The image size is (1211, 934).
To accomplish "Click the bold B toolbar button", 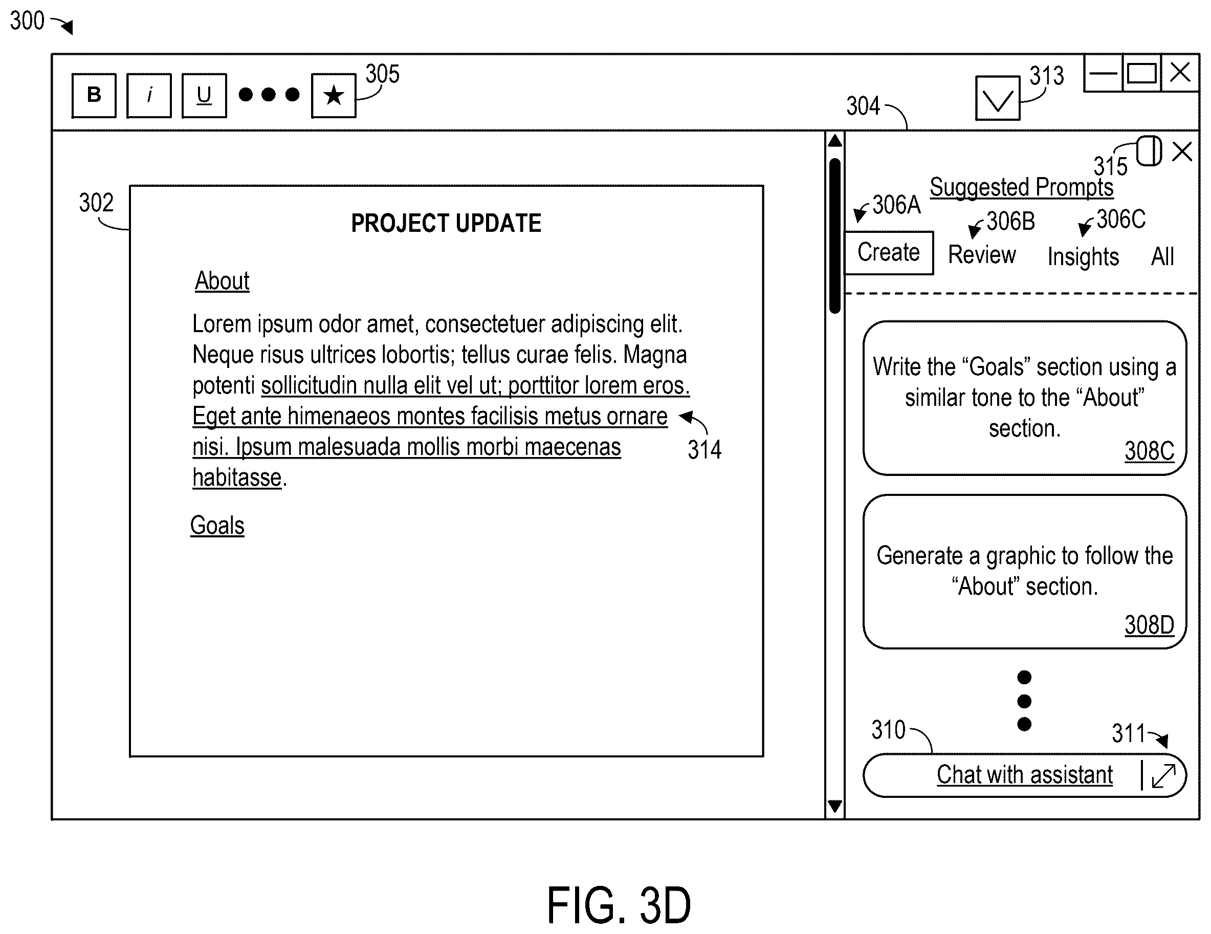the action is click(x=94, y=95).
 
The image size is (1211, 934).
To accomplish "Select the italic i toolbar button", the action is click(x=148, y=95).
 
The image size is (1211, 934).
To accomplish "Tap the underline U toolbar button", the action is click(x=204, y=95).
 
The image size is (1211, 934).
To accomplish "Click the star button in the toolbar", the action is click(x=334, y=95).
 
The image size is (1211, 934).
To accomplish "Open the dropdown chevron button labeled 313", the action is click(x=998, y=98).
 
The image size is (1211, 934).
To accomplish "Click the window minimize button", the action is click(x=1104, y=73).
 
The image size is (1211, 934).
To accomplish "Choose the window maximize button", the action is click(x=1142, y=73).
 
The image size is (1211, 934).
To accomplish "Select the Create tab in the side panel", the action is click(x=889, y=253).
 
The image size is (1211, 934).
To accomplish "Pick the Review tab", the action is click(x=982, y=254).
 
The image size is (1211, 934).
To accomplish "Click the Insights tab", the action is click(x=1083, y=257).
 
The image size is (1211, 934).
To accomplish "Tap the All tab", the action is click(x=1162, y=257).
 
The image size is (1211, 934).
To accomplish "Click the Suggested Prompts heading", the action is click(x=1021, y=187).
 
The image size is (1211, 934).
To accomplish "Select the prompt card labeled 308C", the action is click(x=1025, y=398).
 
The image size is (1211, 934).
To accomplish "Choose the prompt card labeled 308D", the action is click(x=1025, y=571).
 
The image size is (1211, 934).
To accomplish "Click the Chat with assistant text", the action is click(x=1025, y=774).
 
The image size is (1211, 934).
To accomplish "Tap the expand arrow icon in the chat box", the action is click(x=1163, y=775).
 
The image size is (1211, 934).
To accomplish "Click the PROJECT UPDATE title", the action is click(x=446, y=223).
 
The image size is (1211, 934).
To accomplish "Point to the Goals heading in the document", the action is click(x=217, y=525).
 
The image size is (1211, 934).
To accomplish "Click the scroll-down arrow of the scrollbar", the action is click(x=834, y=806).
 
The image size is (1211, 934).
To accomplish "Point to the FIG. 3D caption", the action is click(x=619, y=905).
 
